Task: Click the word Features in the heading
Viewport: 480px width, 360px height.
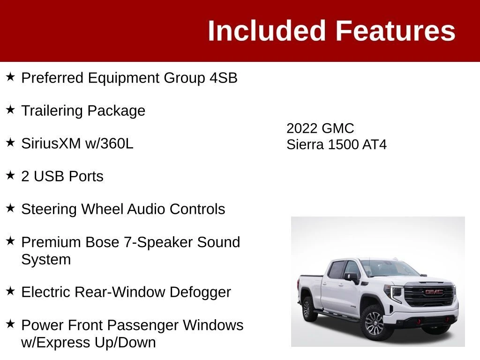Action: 396,30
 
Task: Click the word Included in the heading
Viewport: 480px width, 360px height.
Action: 266,30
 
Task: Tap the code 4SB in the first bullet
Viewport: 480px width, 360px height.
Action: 224,78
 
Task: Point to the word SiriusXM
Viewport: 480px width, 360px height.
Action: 51,143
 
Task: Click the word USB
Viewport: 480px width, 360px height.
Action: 49,176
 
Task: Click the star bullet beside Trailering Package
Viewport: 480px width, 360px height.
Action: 10,110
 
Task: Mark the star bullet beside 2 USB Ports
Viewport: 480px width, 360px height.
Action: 10,175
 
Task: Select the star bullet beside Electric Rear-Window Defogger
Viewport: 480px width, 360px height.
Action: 10,291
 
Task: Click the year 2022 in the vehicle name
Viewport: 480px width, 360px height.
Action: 301,128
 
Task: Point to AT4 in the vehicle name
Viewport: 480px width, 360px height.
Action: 375,145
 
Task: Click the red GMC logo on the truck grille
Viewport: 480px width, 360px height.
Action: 434,292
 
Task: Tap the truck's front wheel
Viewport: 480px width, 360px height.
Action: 374,323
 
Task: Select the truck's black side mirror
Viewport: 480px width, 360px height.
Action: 352,277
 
